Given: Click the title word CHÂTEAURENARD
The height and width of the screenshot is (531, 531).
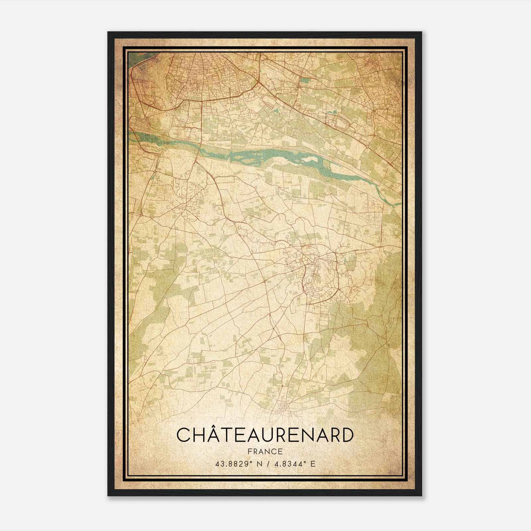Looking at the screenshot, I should pyautogui.click(x=265, y=435).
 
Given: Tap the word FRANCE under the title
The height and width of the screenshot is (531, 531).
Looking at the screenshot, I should pyautogui.click(x=265, y=452).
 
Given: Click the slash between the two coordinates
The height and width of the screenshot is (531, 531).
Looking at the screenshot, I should pyautogui.click(x=267, y=464).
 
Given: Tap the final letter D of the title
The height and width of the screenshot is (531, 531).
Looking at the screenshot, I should pyautogui.click(x=345, y=435).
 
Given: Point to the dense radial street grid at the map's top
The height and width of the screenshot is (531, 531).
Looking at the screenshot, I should pyautogui.click(x=212, y=73).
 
